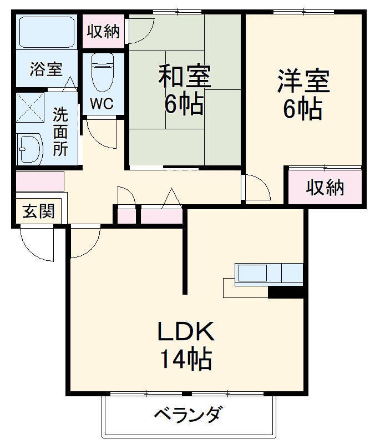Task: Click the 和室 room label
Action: [184, 77]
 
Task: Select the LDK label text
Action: [186, 333]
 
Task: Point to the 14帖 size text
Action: [186, 360]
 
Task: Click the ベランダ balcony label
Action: [188, 415]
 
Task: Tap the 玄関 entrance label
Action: [38, 211]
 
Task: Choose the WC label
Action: [102, 103]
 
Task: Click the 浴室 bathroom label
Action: [46, 70]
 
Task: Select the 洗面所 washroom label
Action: [60, 132]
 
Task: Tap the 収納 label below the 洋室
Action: [325, 188]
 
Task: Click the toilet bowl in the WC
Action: [102, 72]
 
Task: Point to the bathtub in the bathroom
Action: [46, 33]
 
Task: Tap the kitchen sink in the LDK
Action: [252, 274]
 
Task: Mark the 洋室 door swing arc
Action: [257, 189]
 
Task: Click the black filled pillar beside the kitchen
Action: [286, 292]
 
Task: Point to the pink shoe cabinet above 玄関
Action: [39, 181]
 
